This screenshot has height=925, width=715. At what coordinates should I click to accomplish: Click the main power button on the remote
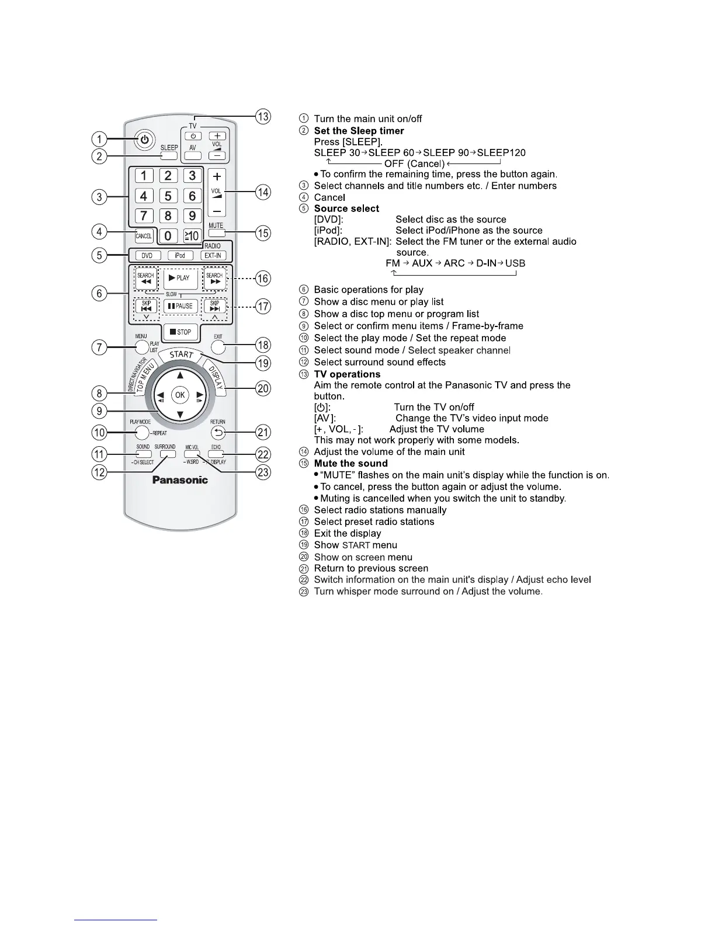(x=144, y=140)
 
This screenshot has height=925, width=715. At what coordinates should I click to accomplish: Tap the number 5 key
(x=168, y=196)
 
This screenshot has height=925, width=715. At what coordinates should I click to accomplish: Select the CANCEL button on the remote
(x=144, y=236)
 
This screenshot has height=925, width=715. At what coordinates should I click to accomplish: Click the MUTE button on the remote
(x=216, y=232)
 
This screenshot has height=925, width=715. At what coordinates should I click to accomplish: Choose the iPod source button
(x=180, y=256)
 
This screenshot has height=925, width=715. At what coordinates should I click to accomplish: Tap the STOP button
(x=181, y=332)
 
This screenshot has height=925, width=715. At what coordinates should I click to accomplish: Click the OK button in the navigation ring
(x=180, y=395)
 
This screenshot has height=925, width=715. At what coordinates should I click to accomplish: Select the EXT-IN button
(x=213, y=256)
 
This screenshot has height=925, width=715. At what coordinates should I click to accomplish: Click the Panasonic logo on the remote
(x=180, y=480)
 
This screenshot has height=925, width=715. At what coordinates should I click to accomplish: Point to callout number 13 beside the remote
(x=264, y=116)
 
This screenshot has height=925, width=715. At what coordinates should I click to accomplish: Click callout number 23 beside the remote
(x=264, y=472)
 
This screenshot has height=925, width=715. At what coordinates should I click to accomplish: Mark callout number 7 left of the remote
(x=99, y=347)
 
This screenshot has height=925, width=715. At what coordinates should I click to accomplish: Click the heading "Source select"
(x=346, y=208)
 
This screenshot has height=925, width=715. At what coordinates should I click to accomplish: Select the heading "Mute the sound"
(x=350, y=463)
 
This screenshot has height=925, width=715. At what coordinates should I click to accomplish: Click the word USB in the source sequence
(x=515, y=263)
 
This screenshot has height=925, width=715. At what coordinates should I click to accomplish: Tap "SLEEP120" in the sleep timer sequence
(x=501, y=153)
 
